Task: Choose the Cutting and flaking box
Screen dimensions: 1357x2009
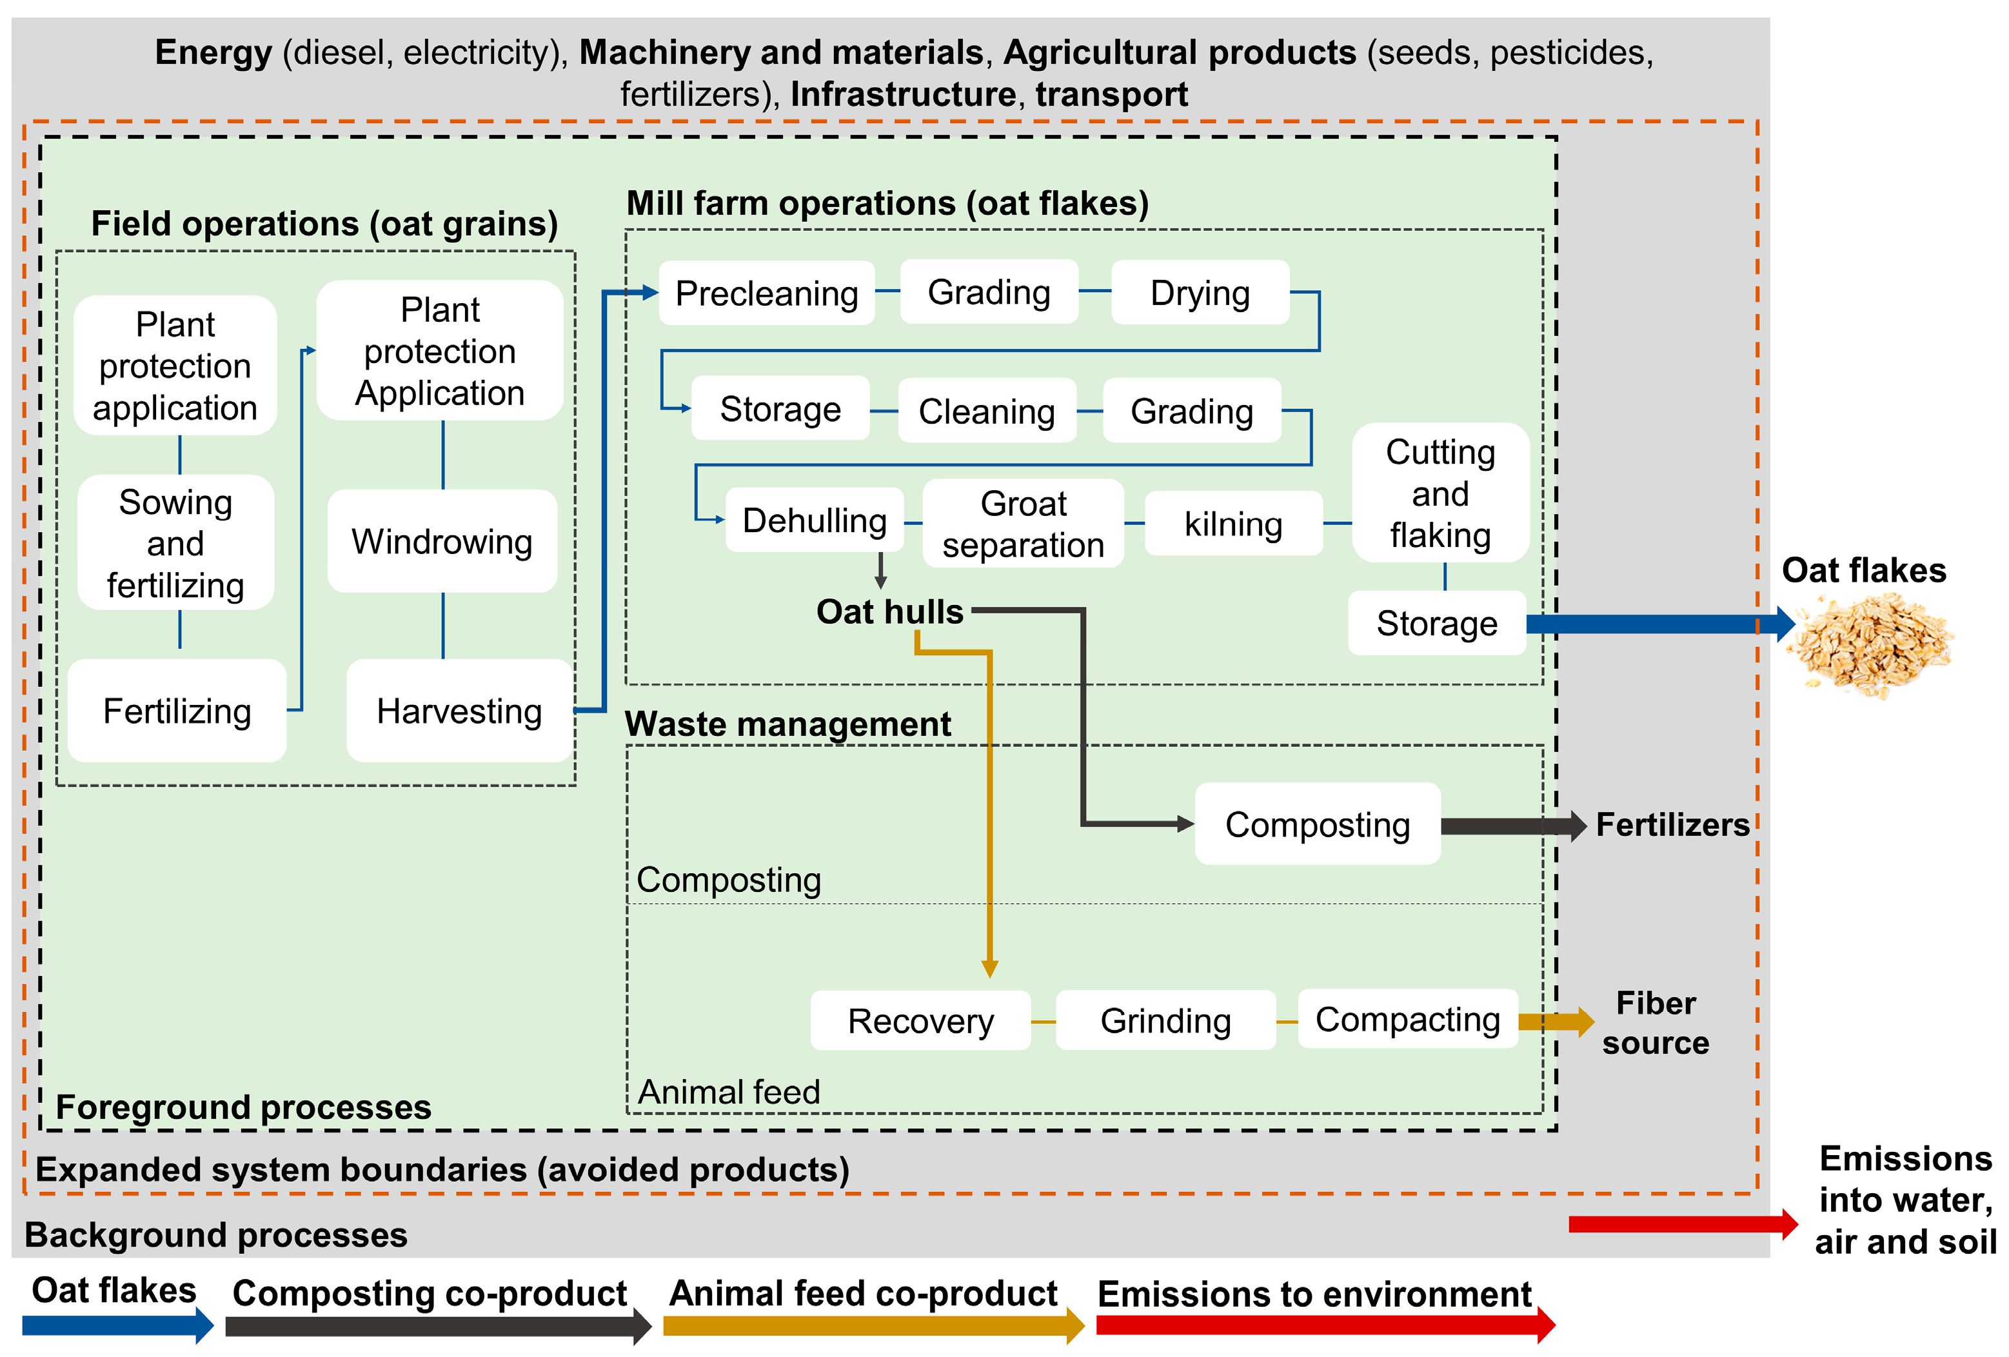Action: tap(1440, 493)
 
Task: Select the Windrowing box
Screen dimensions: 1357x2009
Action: tap(442, 542)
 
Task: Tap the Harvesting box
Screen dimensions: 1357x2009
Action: tap(459, 711)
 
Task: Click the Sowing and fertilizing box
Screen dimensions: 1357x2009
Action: tap(175, 544)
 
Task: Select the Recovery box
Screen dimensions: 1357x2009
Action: tap(920, 1021)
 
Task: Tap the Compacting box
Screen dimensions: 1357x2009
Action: tap(1407, 1020)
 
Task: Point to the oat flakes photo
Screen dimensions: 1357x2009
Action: tap(1872, 644)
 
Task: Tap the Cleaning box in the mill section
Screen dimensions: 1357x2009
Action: tap(986, 411)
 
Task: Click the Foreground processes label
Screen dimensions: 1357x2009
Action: tap(243, 1107)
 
